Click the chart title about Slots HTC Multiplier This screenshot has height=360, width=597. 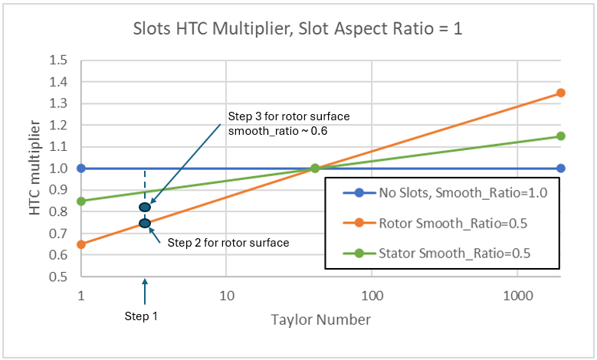point(298,31)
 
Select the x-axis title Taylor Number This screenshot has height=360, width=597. point(321,320)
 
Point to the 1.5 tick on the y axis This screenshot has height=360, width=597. point(58,61)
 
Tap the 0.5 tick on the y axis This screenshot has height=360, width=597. point(58,277)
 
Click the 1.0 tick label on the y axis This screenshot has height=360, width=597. point(58,169)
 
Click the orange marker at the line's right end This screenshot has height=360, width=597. point(560,93)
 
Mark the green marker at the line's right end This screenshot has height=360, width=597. point(560,136)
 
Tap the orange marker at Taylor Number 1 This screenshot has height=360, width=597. point(81,244)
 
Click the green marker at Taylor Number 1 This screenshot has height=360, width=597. point(81,201)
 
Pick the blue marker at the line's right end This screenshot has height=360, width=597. point(560,169)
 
